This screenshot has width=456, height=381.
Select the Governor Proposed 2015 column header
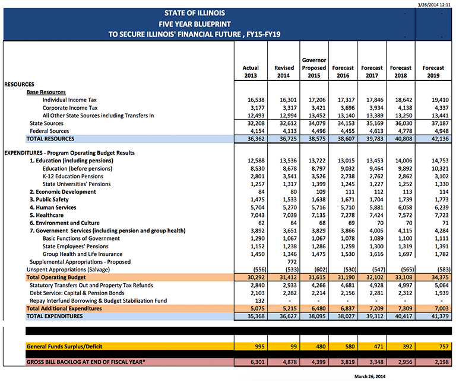[313, 68]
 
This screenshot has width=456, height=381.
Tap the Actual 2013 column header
[251, 72]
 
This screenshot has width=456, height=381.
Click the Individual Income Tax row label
[70, 101]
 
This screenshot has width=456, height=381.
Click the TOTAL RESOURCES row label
[50, 139]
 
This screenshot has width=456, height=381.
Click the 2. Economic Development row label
[62, 192]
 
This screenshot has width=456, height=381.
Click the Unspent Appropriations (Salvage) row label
[66, 269]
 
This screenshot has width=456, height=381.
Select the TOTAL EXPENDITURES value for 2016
[344, 316]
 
